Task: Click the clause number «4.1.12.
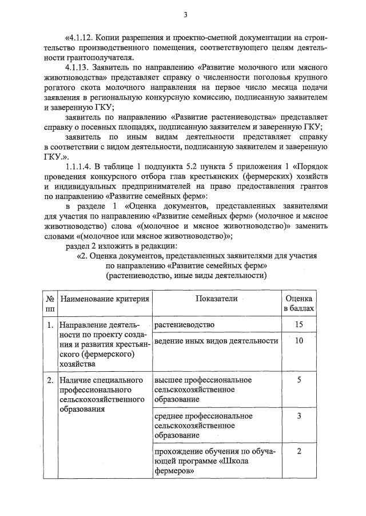[82, 37]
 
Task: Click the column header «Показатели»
[216, 299]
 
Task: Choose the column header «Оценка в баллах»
[299, 304]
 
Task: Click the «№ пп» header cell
[50, 304]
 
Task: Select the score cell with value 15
[299, 324]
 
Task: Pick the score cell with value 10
[299, 341]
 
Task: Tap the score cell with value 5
[299, 379]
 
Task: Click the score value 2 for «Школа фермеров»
[299, 451]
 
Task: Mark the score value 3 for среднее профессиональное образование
[299, 415]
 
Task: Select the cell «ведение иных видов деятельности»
[216, 341]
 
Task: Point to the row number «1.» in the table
[50, 325]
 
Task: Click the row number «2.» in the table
[50, 380]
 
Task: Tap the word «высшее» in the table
[168, 380]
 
